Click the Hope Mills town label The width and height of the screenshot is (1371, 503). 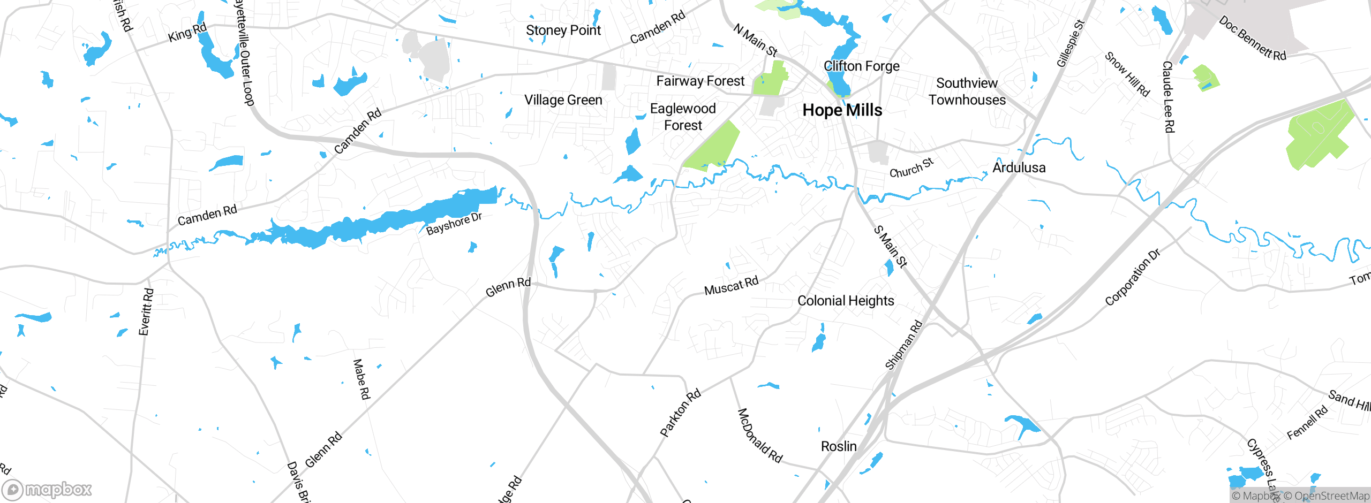coord(842,110)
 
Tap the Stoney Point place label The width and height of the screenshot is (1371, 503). coord(563,31)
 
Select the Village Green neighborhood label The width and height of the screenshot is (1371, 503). coord(563,100)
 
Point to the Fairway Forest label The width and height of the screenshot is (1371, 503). coord(700,81)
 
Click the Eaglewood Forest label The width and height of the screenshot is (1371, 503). coord(683,117)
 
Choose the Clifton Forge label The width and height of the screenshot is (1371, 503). coord(861,66)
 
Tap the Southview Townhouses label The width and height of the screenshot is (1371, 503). coord(967,92)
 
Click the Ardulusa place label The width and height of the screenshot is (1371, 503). coord(1019,167)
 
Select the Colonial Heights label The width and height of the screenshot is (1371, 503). coord(846,301)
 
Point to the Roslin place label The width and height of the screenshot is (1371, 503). coord(839,446)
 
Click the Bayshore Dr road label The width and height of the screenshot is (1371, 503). coord(454,224)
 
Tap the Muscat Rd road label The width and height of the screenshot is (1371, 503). coord(731,286)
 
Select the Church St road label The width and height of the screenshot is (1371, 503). coord(912,168)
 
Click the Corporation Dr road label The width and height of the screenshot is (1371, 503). coord(1132,278)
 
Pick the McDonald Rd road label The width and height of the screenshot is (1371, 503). coord(759,436)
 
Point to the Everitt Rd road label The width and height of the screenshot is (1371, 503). coord(146,312)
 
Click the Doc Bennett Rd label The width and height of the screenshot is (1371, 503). coord(1252,39)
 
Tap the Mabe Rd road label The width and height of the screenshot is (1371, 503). coord(361,379)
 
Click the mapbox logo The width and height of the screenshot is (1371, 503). coord(47,489)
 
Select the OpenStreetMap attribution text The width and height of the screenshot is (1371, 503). coord(1331,496)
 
